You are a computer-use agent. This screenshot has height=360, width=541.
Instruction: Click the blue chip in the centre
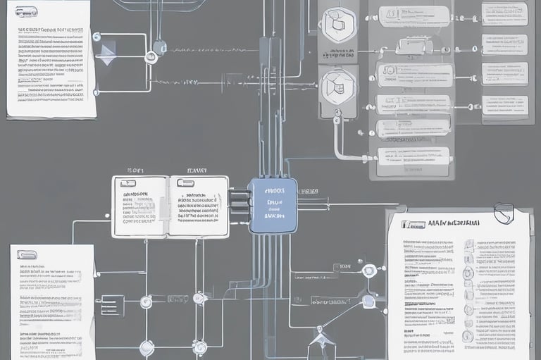[x=273, y=206]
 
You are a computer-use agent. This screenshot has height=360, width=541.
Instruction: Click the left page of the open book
[x=139, y=206]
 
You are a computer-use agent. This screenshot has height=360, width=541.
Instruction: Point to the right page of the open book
[x=199, y=206]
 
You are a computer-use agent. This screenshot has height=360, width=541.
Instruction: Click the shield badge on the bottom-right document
[x=505, y=213]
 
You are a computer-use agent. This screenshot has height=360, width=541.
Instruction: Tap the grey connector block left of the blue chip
[x=240, y=204]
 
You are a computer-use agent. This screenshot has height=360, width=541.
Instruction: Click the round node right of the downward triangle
[x=151, y=56]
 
